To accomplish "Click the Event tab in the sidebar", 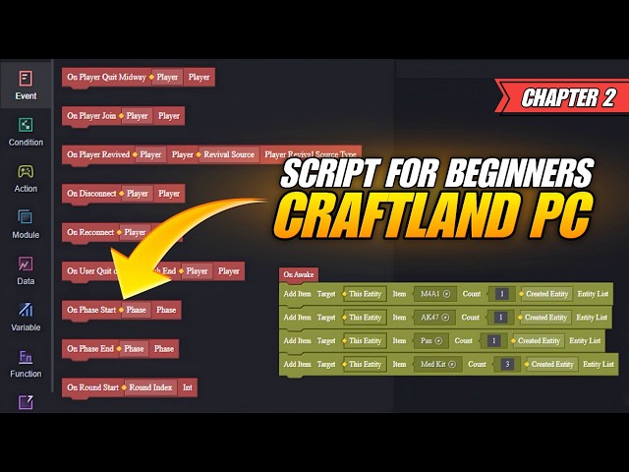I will coord(26,85).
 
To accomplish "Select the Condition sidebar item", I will coord(26,131).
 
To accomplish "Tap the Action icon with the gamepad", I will coord(26,176).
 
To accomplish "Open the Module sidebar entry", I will coord(26,223).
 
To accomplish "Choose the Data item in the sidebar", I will coord(26,269).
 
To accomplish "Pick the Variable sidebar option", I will coord(26,316).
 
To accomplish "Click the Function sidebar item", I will coord(26,363).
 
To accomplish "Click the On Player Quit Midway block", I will coord(105,77).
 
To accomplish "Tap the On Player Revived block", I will coord(98,154).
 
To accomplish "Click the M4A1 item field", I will coord(433,294).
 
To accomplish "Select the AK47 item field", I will coord(433,318).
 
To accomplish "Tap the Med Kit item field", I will coord(438,364).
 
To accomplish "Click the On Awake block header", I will coord(299,275).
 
